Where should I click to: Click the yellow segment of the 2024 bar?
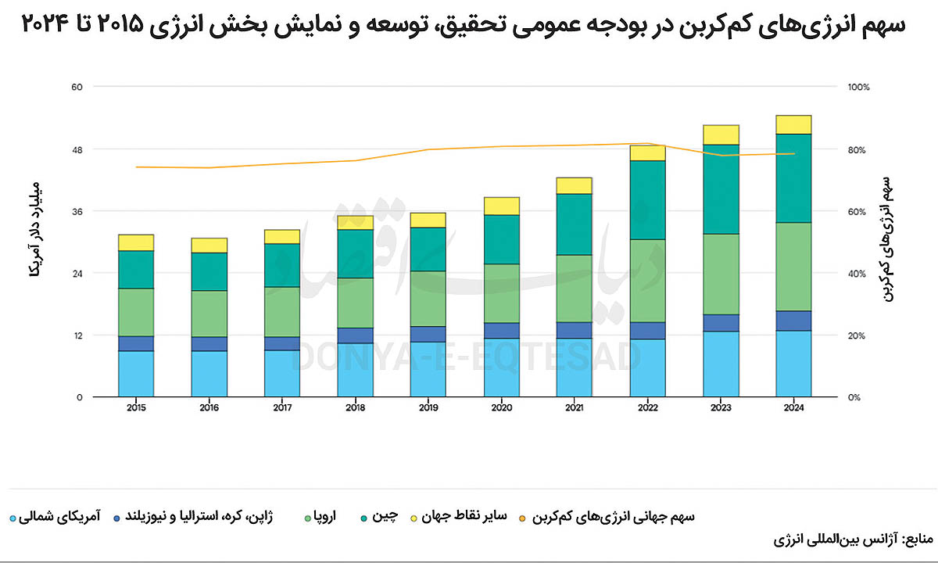(x=794, y=124)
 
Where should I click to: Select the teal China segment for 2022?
(x=648, y=199)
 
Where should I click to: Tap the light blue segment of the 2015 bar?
(x=136, y=374)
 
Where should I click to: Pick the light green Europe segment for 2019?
(x=428, y=299)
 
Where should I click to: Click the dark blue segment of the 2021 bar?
(x=575, y=330)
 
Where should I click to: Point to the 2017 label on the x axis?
(x=281, y=407)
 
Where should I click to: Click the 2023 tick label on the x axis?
(x=721, y=407)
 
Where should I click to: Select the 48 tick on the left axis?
(x=77, y=149)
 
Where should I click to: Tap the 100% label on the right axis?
(x=858, y=87)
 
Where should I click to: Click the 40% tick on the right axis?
(x=857, y=274)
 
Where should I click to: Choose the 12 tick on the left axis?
(x=77, y=335)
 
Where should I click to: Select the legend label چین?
(x=388, y=517)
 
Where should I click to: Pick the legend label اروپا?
(x=321, y=517)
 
